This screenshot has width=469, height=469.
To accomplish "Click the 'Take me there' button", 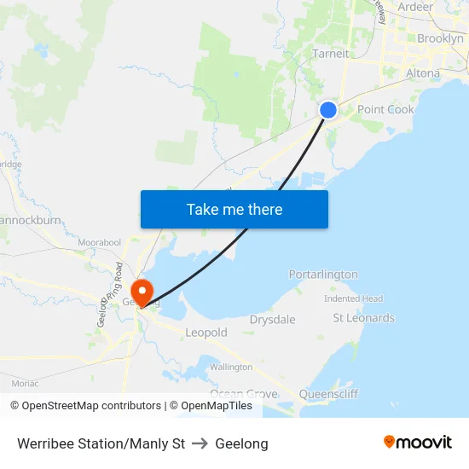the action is pos(234,209).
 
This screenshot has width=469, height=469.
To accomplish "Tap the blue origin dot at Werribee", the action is pos(328,109).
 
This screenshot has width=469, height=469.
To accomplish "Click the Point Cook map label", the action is pos(385,109).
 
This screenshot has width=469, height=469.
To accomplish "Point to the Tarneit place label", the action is pos(330,53).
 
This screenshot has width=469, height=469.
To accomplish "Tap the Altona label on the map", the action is pos(423,73).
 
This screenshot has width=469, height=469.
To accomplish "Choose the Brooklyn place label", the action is pos(440,38).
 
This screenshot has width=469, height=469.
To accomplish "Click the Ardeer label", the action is pos(415,7).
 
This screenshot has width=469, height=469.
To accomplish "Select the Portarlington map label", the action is pos(323,275).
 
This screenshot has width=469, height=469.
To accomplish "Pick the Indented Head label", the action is pos(353,298).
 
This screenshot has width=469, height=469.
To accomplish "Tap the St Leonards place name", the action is pos(363,318).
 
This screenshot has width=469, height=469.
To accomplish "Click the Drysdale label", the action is pos(272,320).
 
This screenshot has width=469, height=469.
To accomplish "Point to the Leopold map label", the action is pos(206,333).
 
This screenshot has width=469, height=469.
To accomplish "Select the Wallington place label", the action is pos(231,367).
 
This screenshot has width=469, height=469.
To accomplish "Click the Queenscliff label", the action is pos(328,394).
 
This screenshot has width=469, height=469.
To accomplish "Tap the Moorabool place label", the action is pos(99,243).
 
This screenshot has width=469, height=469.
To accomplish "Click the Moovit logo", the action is pos(418,442).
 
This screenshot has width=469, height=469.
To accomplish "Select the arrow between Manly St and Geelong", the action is pos(200,444).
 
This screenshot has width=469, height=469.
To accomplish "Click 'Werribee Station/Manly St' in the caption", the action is pos(101,444).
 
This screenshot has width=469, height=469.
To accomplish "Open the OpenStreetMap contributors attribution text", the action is pos(85,406).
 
